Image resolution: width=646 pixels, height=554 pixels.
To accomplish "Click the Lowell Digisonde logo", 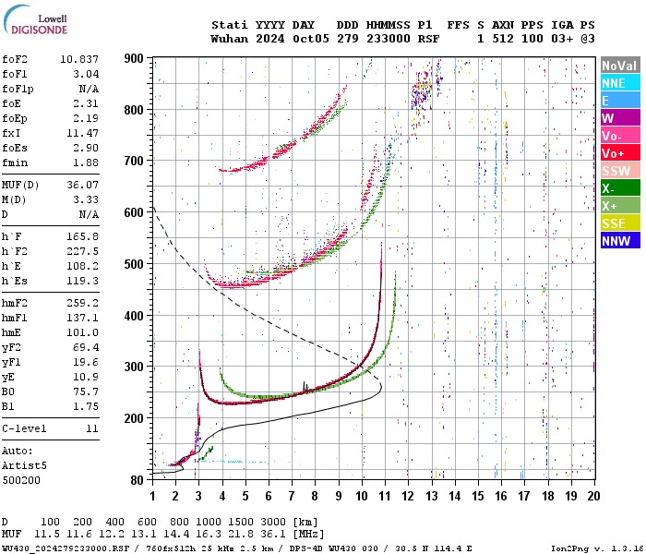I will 35,24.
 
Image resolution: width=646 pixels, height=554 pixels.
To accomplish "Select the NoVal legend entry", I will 618,66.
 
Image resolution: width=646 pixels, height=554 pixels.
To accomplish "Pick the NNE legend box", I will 618,83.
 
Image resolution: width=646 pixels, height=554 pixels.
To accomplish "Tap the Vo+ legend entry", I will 618,153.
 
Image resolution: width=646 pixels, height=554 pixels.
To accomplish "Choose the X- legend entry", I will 618,188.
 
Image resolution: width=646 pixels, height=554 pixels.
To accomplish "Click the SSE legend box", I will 618,223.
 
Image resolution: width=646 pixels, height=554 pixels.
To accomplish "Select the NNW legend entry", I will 618,241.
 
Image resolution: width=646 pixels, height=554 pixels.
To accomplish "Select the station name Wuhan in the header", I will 229,39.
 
